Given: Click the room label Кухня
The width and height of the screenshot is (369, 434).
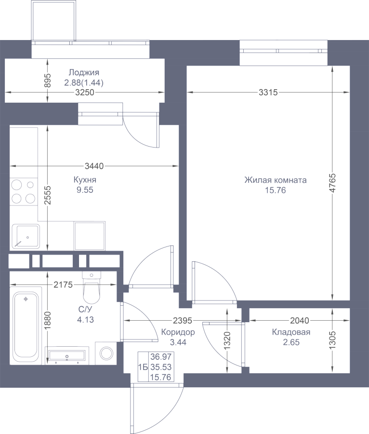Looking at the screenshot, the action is pos(85,180).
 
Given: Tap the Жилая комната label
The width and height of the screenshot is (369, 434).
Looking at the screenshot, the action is pos(275,180).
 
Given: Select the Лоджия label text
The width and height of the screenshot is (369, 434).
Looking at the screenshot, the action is pos(84,72).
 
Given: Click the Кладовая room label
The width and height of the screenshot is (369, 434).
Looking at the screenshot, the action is pos(291,332).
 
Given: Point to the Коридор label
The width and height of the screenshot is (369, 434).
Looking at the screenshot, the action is pos(178,332).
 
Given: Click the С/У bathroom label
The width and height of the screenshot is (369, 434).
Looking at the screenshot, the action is pos(85,309).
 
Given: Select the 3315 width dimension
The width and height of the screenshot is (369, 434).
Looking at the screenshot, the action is pos(268,92).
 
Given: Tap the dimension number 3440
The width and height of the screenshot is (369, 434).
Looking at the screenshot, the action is pos(94,166).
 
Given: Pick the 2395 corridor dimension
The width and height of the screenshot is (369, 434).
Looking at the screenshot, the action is pos(183,321).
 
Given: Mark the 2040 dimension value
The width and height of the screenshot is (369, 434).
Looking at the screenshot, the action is pos(300,321).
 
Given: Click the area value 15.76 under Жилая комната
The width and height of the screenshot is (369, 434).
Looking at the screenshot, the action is pos(275,190).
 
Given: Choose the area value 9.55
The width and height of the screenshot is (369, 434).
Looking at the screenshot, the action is pos(85,190).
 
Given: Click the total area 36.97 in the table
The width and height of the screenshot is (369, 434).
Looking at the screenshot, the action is pos(161,356).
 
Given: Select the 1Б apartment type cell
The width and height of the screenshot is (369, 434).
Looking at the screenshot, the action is pos(143,367).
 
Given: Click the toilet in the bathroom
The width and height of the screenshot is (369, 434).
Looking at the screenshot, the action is pos(92,288).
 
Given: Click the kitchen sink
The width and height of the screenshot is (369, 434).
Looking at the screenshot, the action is pos(26,236).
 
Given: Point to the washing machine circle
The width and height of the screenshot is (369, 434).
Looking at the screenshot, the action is pos(106,353).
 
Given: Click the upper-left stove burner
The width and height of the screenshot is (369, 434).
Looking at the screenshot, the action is pos(16,185).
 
